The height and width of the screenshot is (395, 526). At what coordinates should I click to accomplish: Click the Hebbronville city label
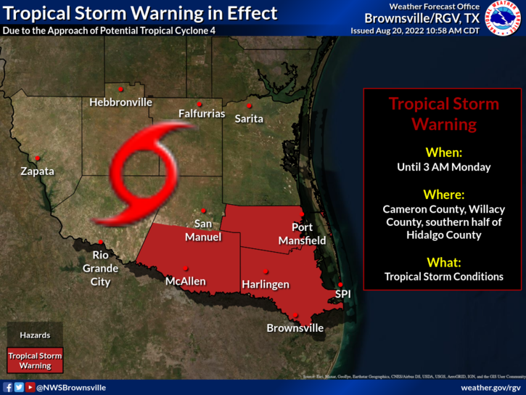(x=120, y=103)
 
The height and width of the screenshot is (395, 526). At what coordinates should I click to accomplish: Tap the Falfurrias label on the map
(x=202, y=114)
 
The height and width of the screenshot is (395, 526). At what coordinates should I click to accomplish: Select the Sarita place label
(x=249, y=118)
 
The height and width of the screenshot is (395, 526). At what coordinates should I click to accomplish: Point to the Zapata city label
(x=37, y=172)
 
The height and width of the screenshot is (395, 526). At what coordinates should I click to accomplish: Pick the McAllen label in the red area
(x=185, y=281)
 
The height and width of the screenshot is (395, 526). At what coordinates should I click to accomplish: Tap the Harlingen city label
(x=266, y=284)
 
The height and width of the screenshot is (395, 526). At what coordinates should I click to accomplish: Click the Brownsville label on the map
(x=295, y=328)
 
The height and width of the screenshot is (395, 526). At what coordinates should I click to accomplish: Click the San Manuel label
(x=203, y=230)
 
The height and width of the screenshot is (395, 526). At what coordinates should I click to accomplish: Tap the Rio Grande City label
(x=100, y=268)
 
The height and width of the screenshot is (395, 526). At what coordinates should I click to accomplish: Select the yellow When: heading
(x=443, y=152)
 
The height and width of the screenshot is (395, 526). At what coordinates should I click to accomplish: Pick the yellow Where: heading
(x=443, y=194)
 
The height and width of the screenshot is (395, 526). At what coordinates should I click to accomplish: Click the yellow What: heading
(x=443, y=262)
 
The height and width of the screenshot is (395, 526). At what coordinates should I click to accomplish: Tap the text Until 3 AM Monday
(x=443, y=167)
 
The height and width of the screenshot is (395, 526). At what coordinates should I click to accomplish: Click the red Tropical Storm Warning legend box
(x=35, y=361)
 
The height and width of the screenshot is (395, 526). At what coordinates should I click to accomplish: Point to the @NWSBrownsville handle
(x=70, y=388)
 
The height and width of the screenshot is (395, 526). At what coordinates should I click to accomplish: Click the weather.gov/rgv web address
(x=490, y=388)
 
